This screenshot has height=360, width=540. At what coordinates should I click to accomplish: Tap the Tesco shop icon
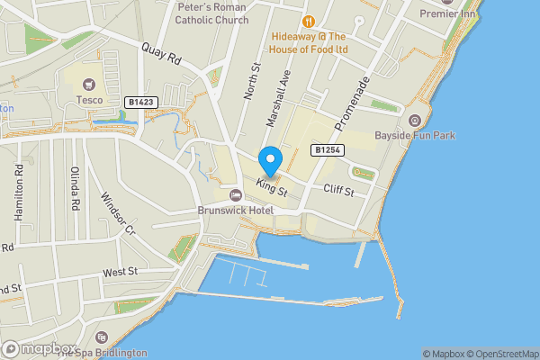click(89, 85)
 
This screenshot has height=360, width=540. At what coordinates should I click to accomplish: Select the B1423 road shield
click(142, 103)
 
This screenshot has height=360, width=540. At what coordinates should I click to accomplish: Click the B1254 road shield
click(325, 149)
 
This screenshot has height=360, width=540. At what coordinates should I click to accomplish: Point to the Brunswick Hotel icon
click(236, 196)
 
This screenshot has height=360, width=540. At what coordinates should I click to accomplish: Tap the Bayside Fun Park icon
click(415, 121)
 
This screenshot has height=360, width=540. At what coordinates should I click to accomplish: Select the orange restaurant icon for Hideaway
click(308, 21)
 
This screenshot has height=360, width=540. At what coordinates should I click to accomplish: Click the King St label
click(270, 189)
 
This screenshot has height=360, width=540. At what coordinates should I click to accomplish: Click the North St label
click(251, 80)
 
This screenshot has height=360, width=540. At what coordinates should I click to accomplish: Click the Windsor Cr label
click(116, 214)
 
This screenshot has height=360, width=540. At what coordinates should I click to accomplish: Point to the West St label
click(120, 271)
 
